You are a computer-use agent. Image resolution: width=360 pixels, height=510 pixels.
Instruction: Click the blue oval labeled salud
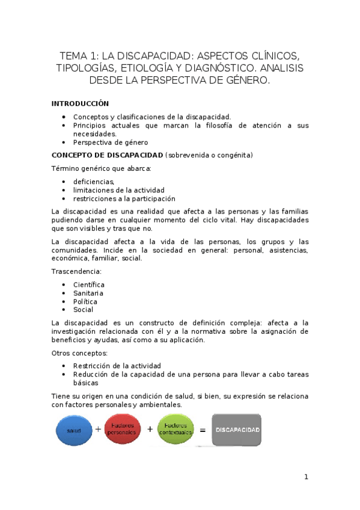tap(73, 430)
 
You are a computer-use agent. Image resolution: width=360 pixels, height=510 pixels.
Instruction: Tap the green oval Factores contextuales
tap(175, 429)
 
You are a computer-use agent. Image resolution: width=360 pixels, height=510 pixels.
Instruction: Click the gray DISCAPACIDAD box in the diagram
tap(237, 429)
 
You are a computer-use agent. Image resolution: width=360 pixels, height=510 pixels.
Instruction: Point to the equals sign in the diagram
tap(203, 430)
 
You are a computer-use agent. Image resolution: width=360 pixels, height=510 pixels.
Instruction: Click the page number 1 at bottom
tap(306, 477)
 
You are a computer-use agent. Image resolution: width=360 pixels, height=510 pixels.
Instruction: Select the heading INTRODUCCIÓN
tap(80, 103)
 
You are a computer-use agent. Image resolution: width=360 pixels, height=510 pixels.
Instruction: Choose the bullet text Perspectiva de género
tap(110, 143)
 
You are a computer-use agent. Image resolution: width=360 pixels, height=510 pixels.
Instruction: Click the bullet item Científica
tap(88, 284)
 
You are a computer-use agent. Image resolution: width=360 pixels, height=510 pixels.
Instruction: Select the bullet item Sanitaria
tap(88, 293)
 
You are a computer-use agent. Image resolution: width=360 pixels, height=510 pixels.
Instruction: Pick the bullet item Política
tap(85, 301)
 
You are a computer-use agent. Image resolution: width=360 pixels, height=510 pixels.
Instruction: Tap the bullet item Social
tap(83, 310)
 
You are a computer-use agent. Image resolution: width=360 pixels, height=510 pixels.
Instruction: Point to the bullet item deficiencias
tap(93, 181)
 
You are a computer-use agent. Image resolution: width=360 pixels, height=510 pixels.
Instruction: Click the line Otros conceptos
tap(79, 353)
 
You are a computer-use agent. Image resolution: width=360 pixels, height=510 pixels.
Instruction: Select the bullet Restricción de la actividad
tap(117, 366)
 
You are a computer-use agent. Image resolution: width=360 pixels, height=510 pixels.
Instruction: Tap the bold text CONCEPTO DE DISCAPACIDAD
tap(107, 155)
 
